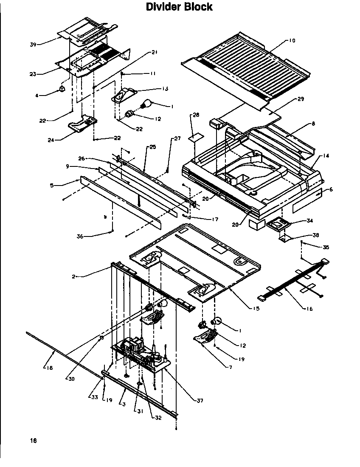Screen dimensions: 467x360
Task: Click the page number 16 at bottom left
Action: click(x=34, y=441)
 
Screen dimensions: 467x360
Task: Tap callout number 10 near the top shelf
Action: click(x=292, y=41)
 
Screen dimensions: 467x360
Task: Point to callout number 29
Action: click(x=300, y=99)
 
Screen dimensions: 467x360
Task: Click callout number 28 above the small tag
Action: click(x=196, y=115)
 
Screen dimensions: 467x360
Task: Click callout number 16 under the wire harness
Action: click(x=309, y=309)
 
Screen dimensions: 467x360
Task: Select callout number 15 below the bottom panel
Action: click(x=256, y=309)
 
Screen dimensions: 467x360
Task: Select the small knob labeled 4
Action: click(x=62, y=89)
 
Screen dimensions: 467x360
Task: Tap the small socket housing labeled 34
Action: click(x=276, y=223)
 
